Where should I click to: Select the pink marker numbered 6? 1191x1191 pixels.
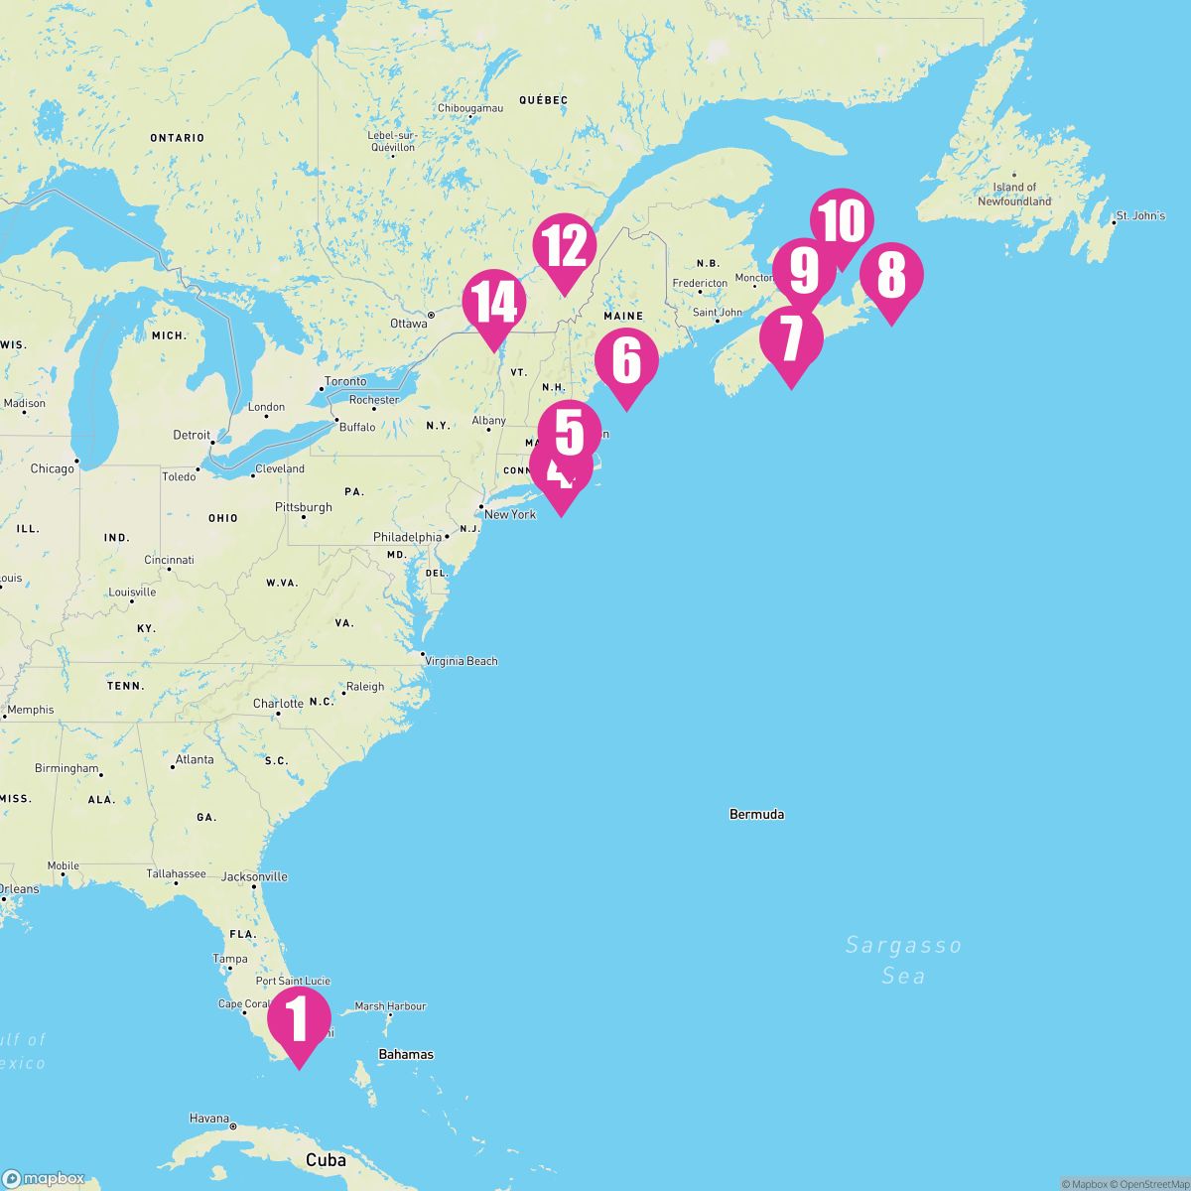(626, 361)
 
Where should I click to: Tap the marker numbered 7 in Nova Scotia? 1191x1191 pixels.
(791, 339)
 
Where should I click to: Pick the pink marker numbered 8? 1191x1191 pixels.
(891, 275)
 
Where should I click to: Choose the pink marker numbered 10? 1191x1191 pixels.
(842, 220)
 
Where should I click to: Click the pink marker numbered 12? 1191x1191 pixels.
(564, 246)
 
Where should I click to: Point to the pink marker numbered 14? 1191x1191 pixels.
(493, 302)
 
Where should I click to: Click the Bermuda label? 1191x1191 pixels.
(756, 815)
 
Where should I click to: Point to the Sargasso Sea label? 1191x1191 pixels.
(903, 960)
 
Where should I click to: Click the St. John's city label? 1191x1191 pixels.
(1140, 215)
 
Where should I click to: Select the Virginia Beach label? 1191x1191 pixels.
(461, 661)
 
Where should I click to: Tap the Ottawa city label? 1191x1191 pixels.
(408, 324)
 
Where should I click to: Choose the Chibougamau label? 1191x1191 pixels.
(470, 107)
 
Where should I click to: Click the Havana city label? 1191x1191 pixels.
(209, 1119)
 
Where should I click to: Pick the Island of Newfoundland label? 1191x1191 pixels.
(1014, 194)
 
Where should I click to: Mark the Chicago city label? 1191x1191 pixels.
(52, 468)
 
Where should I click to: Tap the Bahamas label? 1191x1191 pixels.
(406, 1054)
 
